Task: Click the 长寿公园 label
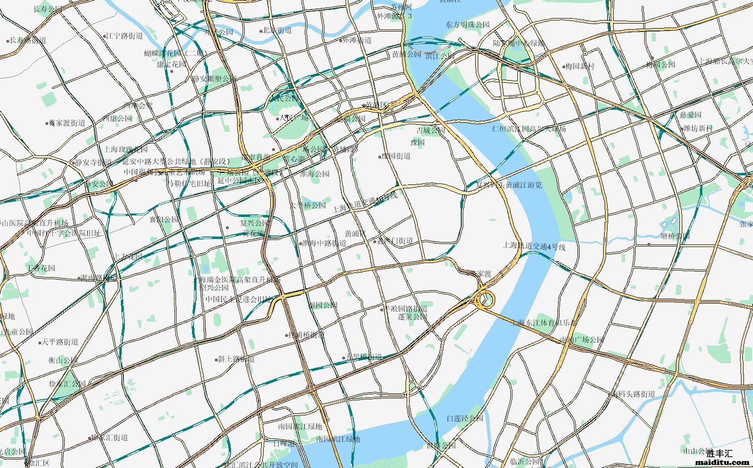coord(48,9)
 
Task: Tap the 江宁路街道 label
coord(124,36)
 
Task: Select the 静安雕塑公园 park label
coord(214,79)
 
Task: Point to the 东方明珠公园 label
coord(468,25)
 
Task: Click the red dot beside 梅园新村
coord(563,66)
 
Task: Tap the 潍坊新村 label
coord(698,128)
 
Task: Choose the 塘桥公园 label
coord(675,236)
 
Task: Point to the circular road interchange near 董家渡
coord(485,300)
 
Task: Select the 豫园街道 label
coord(396,156)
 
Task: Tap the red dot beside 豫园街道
coord(380,157)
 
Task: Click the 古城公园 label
coord(431,130)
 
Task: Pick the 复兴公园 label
coord(254,223)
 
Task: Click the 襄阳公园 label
coord(164,219)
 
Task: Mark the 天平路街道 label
coord(60,342)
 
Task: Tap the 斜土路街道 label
coord(237,359)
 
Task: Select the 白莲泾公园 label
coord(465,418)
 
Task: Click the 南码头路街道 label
coord(633,394)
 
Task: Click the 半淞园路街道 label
coord(406,308)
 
